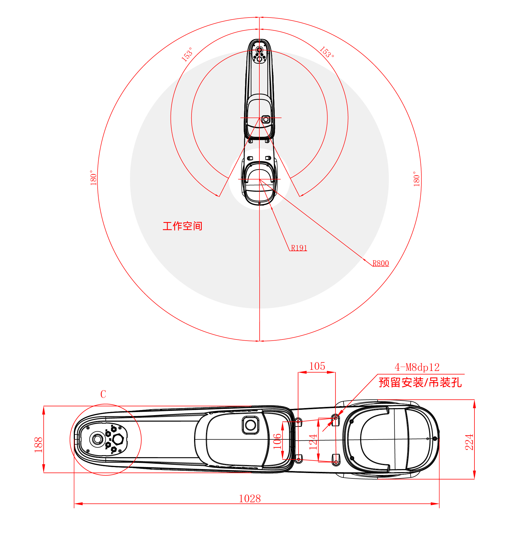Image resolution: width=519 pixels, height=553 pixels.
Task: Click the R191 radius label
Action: pyautogui.click(x=299, y=248)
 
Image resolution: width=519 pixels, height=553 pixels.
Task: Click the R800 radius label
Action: pyautogui.click(x=381, y=263)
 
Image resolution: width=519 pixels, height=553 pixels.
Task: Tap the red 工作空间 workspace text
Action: pyautogui.click(x=182, y=226)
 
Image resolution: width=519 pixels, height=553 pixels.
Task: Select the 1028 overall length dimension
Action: pyautogui.click(x=250, y=499)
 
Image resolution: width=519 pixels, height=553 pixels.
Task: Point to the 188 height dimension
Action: pyautogui.click(x=38, y=444)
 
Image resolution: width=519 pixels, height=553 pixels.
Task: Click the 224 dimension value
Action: pyautogui.click(x=469, y=442)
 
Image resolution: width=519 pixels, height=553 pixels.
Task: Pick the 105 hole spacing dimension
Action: pyautogui.click(x=317, y=366)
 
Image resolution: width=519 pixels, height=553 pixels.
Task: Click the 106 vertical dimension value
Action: pyautogui.click(x=277, y=442)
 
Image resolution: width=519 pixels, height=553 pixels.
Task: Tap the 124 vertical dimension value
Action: pyautogui.click(x=313, y=442)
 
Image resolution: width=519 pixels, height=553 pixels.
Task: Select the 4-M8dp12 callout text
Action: pyautogui.click(x=417, y=367)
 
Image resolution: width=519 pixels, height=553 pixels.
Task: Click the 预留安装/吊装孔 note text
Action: pyautogui.click(x=420, y=382)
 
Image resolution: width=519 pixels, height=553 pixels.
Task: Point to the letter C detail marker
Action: pyautogui.click(x=103, y=394)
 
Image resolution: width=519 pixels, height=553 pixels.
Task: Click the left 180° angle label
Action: pyautogui.click(x=93, y=178)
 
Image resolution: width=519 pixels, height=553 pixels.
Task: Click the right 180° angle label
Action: pyautogui.click(x=416, y=179)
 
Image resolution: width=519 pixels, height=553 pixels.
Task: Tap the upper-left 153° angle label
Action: pyautogui.click(x=187, y=54)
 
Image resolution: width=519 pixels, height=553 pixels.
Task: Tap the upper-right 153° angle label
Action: pyautogui.click(x=327, y=52)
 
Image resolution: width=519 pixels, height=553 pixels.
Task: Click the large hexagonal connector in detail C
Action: pyautogui.click(x=118, y=439)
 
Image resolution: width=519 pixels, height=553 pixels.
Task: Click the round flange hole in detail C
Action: pyautogui.click(x=97, y=439)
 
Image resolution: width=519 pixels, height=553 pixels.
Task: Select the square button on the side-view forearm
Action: pyautogui.click(x=250, y=425)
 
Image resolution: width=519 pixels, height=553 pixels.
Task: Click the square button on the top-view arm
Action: pyautogui.click(x=266, y=119)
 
